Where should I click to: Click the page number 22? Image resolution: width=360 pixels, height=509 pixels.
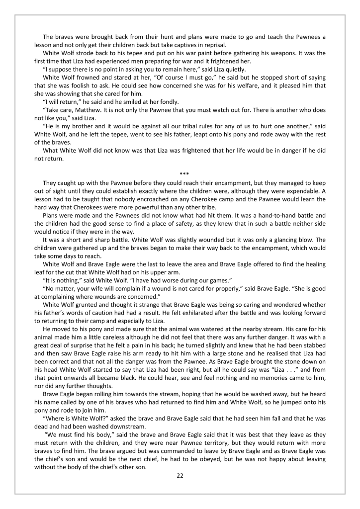point(180,475)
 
